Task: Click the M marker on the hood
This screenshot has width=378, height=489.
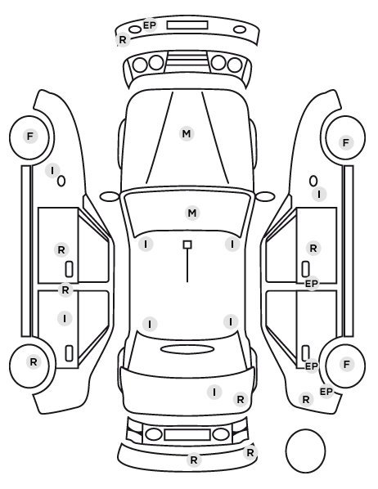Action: click(x=187, y=134)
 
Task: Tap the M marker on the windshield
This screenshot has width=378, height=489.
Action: click(x=192, y=213)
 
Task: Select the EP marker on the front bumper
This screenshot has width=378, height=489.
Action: click(x=149, y=25)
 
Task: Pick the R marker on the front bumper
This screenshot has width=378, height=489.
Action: click(x=123, y=40)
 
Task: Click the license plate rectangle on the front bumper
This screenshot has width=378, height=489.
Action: click(x=187, y=25)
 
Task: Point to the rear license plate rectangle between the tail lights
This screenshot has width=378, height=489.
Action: click(x=187, y=434)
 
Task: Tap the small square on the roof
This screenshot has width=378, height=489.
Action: click(x=187, y=244)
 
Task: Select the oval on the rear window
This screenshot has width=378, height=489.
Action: click(x=187, y=349)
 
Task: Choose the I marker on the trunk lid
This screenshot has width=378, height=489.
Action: click(x=214, y=392)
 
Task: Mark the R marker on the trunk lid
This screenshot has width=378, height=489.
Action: click(x=241, y=400)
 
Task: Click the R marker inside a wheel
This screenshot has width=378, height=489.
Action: click(x=34, y=362)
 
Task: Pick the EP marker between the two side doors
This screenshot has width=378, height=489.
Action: click(x=311, y=284)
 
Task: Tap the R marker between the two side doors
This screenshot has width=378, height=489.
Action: click(x=65, y=290)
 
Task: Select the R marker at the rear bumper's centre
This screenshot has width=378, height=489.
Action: click(x=194, y=460)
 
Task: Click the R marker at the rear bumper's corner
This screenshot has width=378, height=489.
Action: click(x=250, y=453)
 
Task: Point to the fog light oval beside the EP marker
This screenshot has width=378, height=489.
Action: click(x=135, y=30)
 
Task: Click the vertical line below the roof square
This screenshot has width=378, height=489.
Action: click(x=187, y=266)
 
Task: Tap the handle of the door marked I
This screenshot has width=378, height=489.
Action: click(x=69, y=353)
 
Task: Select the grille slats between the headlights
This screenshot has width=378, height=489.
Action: click(x=187, y=61)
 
